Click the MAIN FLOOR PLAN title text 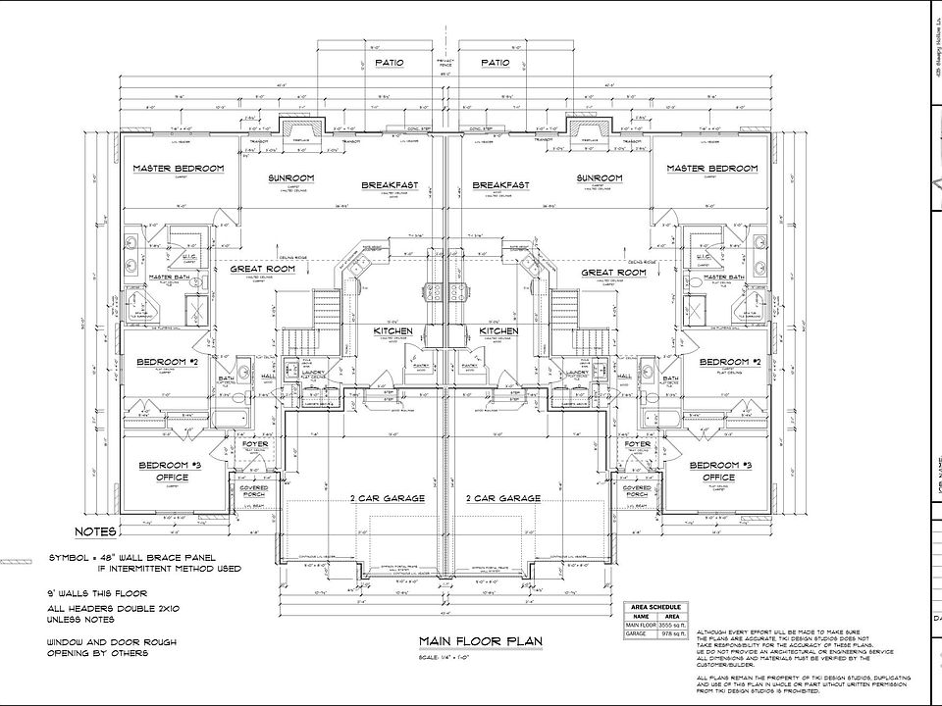pyautogui.click(x=480, y=641)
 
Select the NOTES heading pyautogui.click(x=96, y=532)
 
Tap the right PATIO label pyautogui.click(x=496, y=63)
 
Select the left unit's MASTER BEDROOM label pyautogui.click(x=179, y=169)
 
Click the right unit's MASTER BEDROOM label pyautogui.click(x=712, y=169)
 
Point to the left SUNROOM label pyautogui.click(x=291, y=178)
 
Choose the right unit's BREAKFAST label pyautogui.click(x=500, y=185)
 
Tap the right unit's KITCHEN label pyautogui.click(x=498, y=332)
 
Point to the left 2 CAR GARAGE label pyautogui.click(x=388, y=498)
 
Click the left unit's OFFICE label pyautogui.click(x=171, y=477)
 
